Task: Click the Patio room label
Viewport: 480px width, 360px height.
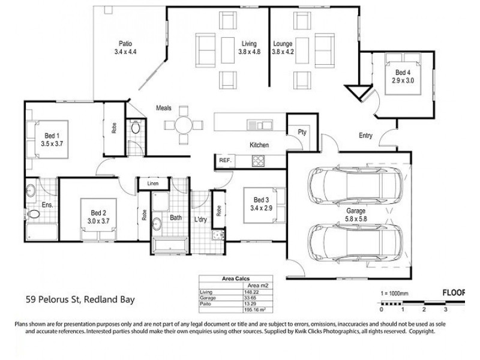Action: [x=125, y=43]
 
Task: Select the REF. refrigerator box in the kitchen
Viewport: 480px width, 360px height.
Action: [x=225, y=161]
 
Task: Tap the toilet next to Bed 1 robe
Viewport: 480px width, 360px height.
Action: [x=136, y=128]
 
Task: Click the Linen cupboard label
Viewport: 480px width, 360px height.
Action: [x=153, y=183]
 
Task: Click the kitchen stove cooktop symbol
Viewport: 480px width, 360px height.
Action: [x=259, y=160]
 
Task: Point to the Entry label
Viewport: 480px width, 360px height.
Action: [x=365, y=136]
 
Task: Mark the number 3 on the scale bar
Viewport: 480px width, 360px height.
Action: [x=445, y=310]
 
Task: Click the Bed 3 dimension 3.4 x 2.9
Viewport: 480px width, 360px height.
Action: [x=262, y=208]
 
